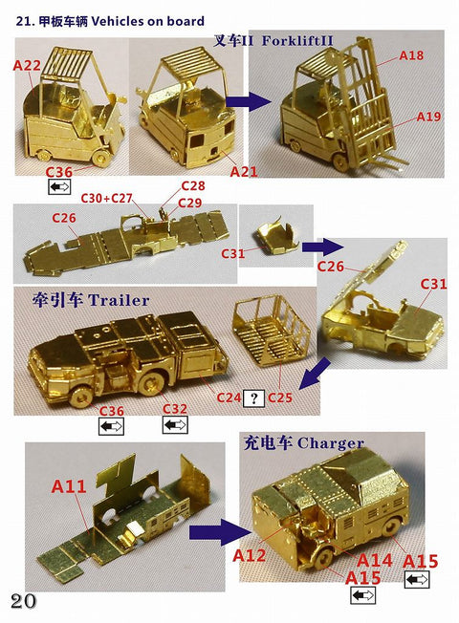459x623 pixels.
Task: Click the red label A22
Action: point(26,64)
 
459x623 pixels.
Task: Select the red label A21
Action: point(244,171)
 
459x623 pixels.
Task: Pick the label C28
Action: point(193,185)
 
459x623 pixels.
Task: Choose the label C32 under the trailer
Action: point(174,408)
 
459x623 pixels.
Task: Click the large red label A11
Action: point(69,486)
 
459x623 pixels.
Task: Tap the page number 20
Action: point(24,600)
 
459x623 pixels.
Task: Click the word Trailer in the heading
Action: point(119,300)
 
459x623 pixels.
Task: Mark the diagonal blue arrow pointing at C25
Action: point(310,376)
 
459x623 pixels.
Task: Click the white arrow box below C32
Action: point(174,425)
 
